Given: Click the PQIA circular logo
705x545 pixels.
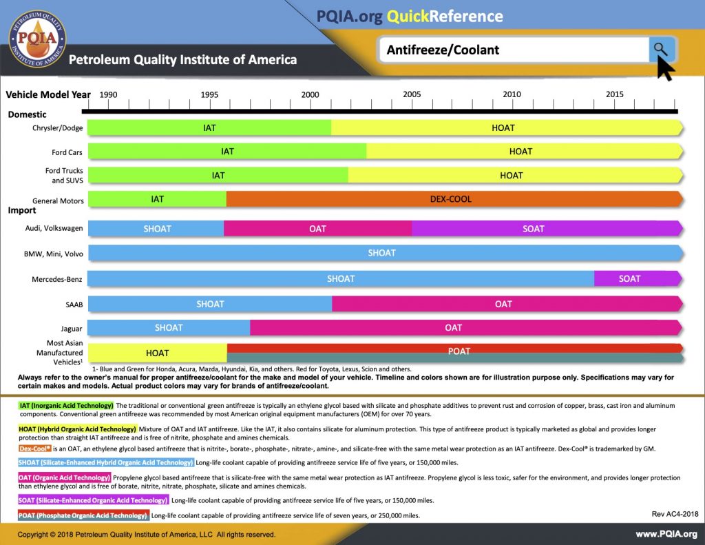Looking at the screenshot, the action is tap(37, 39).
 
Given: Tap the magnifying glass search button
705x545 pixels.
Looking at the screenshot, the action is tap(662, 49).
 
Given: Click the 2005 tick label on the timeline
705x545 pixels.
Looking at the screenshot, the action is tap(412, 94).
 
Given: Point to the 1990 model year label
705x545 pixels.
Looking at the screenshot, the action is tap(108, 94).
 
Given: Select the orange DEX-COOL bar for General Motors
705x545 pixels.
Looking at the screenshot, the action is tap(454, 199).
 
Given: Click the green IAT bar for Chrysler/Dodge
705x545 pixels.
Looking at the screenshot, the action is tap(209, 128).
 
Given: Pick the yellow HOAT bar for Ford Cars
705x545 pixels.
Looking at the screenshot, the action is tap(525, 151).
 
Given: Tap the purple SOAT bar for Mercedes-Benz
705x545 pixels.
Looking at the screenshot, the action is tap(638, 278).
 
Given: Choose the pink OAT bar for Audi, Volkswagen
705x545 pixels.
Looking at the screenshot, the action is tap(317, 229).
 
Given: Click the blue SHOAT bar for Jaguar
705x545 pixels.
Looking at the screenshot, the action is tap(169, 328).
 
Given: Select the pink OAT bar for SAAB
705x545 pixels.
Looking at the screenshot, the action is tap(507, 304).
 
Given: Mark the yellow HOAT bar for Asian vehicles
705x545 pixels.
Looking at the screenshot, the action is tap(158, 353).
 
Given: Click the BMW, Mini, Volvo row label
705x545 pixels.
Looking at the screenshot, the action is tap(54, 254).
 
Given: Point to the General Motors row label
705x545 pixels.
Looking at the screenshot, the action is tap(58, 200).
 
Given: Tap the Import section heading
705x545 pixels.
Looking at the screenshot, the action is tap(22, 210).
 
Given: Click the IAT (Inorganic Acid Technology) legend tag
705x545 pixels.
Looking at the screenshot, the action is tap(66, 406).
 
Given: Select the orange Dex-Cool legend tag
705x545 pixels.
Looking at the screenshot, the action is tap(35, 449).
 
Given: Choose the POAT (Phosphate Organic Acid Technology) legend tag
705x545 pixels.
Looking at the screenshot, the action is tap(83, 515).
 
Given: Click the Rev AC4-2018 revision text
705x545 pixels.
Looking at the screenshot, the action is tap(675, 514).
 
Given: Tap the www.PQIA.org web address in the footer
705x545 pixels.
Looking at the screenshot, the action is tap(666, 534).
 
